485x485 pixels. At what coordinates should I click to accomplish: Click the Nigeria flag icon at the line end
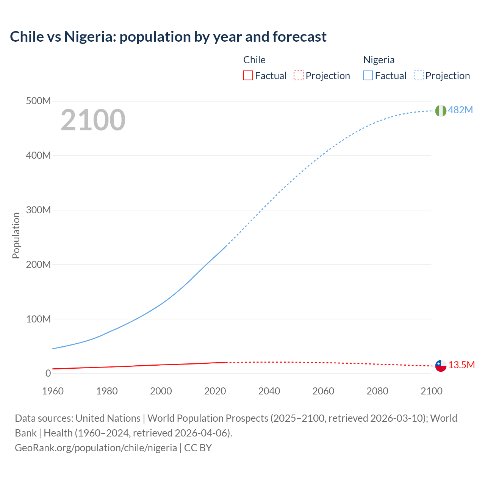(x=441, y=111)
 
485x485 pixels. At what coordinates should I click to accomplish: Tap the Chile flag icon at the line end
(x=441, y=366)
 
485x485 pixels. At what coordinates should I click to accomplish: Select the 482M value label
(x=460, y=110)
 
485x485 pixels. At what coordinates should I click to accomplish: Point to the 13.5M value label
(x=462, y=365)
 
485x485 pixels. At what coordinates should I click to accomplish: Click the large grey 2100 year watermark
(x=93, y=120)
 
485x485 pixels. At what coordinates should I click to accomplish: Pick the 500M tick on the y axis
(x=38, y=101)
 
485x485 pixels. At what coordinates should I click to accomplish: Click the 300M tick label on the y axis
(x=38, y=210)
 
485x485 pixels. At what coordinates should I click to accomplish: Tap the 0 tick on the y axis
(x=48, y=373)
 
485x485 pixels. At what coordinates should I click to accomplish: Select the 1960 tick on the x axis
(x=53, y=391)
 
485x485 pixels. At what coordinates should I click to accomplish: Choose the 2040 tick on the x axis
(x=269, y=391)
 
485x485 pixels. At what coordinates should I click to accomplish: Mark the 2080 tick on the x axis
(x=377, y=391)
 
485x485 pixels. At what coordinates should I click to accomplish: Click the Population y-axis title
(x=16, y=235)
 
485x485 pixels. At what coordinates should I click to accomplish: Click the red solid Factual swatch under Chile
(x=248, y=76)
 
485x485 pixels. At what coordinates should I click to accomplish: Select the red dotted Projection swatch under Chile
(x=299, y=76)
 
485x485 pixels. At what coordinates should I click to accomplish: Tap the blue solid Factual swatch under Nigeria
(x=368, y=76)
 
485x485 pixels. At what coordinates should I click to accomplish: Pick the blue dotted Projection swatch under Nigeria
(x=419, y=76)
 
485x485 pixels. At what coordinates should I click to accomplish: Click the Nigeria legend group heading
(x=379, y=60)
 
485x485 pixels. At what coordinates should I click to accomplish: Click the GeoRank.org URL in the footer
(x=96, y=448)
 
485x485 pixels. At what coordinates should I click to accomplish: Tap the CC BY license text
(x=198, y=448)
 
